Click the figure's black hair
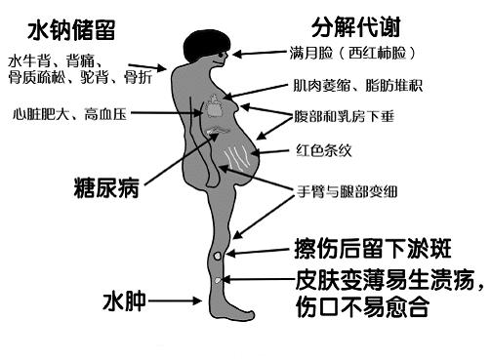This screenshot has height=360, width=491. pyautogui.click(x=206, y=43)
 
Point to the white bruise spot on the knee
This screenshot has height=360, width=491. pyautogui.click(x=219, y=258)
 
